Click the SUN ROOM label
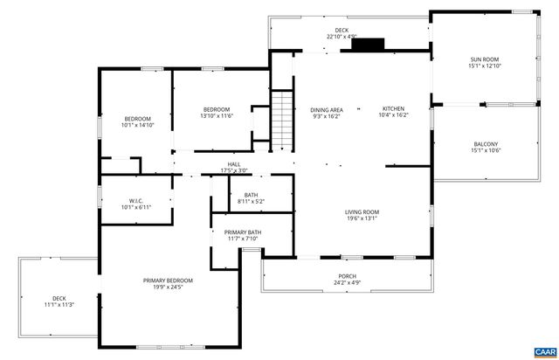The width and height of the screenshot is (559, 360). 485,59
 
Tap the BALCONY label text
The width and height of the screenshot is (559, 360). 485,144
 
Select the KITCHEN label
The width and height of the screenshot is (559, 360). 393,109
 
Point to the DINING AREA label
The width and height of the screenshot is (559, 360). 328,109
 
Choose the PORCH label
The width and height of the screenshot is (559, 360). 348,276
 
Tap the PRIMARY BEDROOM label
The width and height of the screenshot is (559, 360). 168,280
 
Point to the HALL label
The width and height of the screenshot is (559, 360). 234,164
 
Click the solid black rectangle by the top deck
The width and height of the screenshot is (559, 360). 368,45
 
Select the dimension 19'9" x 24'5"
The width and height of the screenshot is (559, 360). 168,287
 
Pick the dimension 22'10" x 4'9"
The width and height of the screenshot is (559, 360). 342,37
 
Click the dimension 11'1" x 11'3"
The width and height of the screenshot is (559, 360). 59,304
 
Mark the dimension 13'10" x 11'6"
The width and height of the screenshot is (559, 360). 216,115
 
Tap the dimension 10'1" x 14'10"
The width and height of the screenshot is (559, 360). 137,125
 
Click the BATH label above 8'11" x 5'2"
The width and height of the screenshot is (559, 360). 251,195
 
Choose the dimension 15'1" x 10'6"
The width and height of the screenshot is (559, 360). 485,150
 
